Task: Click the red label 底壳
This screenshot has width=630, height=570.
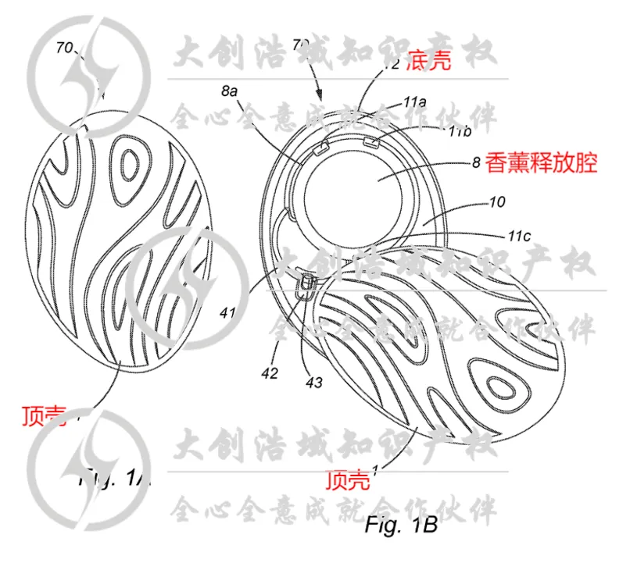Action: point(428,63)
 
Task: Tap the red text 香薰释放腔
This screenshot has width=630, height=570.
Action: point(541,163)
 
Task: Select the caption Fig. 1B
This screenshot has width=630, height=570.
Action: point(400,525)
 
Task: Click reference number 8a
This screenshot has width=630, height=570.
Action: point(228,91)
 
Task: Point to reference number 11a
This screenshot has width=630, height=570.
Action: point(414,102)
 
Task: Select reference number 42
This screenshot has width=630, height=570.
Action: point(270,373)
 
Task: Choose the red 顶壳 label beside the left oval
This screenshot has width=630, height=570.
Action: point(45,413)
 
